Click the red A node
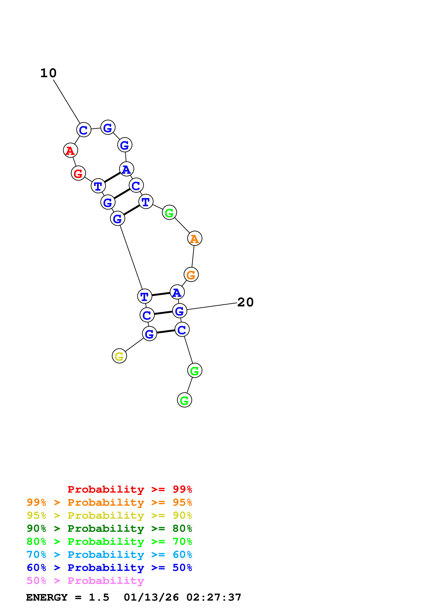[70, 150]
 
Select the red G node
[78, 173]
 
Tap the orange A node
[195, 238]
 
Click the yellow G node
[119, 356]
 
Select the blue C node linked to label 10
[84, 130]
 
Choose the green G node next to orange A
[169, 212]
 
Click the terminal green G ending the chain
[184, 400]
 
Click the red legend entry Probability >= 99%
[130, 489]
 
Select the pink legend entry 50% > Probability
[85, 580]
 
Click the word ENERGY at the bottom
[47, 597]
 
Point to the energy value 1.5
[99, 597]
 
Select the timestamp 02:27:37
[214, 597]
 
